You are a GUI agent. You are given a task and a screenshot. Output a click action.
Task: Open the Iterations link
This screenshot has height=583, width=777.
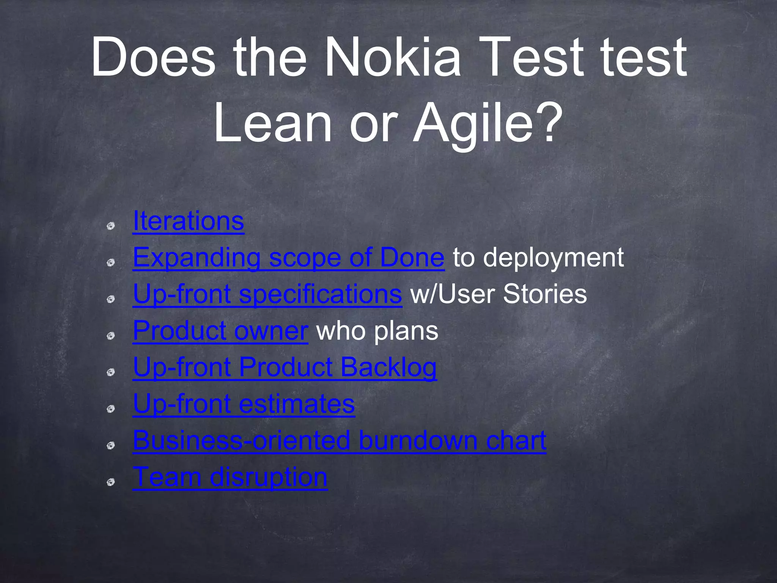pos(188,221)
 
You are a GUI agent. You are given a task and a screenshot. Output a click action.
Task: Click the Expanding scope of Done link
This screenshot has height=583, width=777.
pos(288,258)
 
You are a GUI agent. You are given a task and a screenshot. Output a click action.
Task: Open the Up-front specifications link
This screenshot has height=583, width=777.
pos(267,294)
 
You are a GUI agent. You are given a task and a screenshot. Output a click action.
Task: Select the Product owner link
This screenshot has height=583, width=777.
pos(220,331)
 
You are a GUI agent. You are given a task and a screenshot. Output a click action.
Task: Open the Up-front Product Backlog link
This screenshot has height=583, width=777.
pos(285,367)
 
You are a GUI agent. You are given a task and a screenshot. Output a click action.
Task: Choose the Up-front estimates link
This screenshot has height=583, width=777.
pos(244,404)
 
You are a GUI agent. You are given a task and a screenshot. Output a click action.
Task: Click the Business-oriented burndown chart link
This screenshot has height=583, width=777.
pos(339,440)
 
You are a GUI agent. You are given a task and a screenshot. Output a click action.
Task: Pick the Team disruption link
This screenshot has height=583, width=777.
pos(230,477)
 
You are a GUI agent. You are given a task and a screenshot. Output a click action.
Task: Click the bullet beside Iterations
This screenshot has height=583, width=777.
pos(111,226)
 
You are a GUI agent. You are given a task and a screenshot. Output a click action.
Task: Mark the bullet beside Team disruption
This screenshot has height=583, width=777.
pos(111,482)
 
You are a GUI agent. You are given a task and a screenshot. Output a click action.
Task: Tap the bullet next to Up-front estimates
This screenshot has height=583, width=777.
pos(111,409)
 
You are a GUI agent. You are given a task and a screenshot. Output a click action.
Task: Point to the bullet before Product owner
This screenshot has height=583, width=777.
pos(111,336)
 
